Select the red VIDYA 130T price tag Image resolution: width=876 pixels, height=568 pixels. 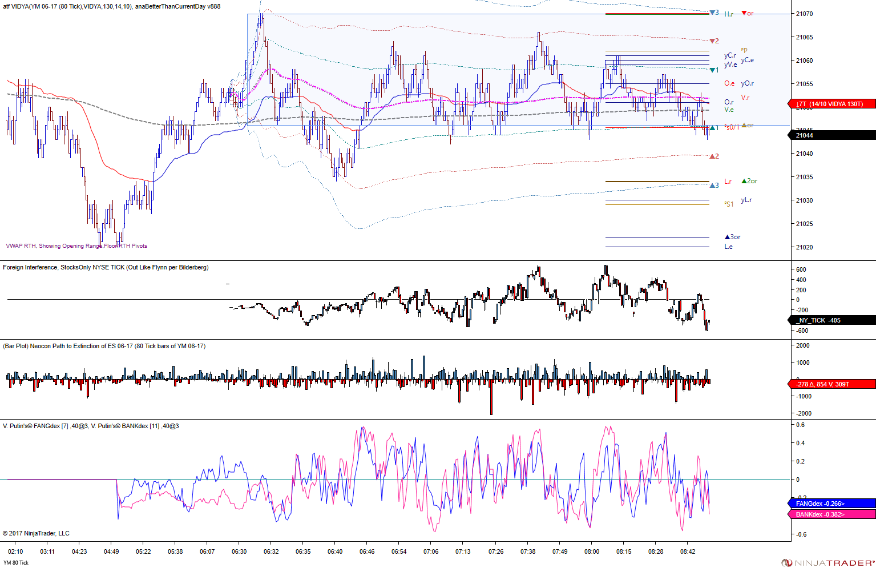[831, 104]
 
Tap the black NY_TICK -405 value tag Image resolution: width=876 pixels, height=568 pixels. [831, 320]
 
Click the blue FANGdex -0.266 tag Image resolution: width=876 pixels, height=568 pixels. [831, 503]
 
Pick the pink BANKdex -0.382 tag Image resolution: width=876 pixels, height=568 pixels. [831, 514]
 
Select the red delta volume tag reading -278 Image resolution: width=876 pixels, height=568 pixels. [831, 384]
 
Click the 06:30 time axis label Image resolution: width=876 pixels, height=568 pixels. [239, 551]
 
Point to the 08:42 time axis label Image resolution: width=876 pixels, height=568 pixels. [688, 551]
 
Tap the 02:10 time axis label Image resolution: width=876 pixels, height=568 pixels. [15, 551]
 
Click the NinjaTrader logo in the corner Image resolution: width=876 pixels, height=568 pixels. [827, 563]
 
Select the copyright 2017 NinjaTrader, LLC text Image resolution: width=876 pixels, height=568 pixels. [36, 533]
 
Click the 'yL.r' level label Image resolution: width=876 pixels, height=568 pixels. [746, 200]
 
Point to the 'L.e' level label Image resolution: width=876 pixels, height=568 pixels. [729, 247]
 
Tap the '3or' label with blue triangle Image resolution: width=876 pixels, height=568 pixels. [733, 237]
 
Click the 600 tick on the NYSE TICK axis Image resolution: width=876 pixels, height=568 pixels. [801, 269]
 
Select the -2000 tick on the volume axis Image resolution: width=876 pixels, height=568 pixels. [803, 413]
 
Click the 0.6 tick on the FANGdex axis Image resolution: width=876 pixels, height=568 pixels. [801, 425]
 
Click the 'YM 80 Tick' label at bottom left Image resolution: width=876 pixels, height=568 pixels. [16, 563]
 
